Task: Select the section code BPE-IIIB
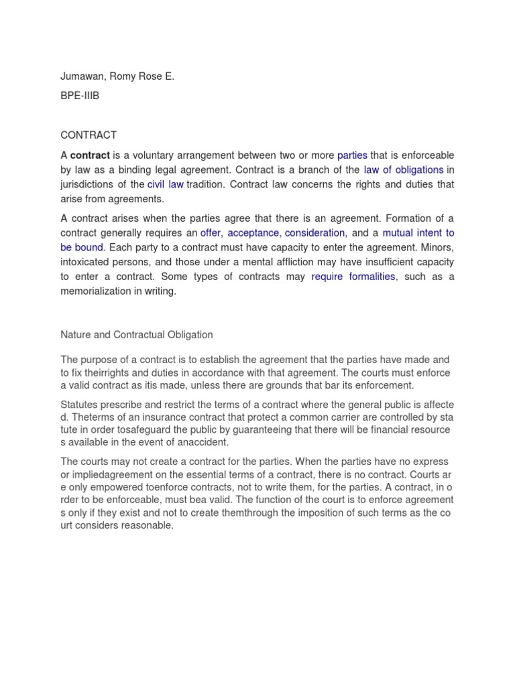click(80, 96)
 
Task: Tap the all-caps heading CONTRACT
click(89, 135)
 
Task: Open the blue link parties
click(352, 155)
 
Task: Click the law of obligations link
click(404, 170)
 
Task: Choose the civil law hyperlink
click(166, 184)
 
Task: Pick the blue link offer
click(211, 233)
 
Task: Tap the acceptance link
click(253, 233)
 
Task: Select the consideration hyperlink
click(314, 233)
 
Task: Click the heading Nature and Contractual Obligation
click(137, 334)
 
